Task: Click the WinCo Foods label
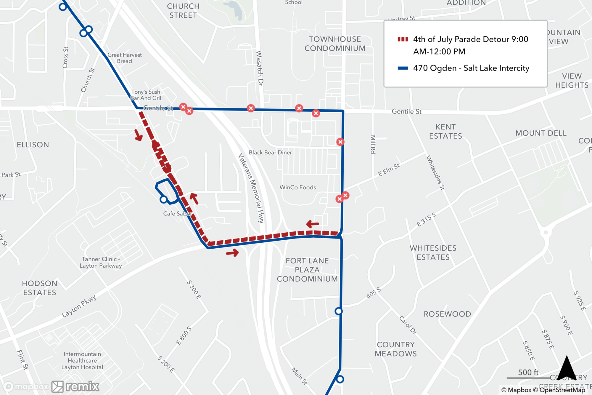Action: [x=298, y=187]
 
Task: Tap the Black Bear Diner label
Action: [x=270, y=152]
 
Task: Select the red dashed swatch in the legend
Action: [x=403, y=39]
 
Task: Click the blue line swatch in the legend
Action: [x=403, y=68]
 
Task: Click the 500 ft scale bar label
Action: [x=528, y=372]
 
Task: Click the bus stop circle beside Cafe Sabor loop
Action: [x=164, y=199]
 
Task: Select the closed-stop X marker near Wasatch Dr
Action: [x=251, y=108]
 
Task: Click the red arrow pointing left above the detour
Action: [x=313, y=224]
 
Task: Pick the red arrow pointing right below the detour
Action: [x=232, y=253]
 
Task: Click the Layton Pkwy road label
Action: [x=79, y=306]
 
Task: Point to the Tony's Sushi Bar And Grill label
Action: [x=147, y=95]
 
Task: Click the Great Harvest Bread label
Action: [x=125, y=58]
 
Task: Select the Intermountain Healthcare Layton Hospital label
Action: [x=82, y=361]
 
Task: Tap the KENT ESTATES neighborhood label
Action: [x=445, y=131]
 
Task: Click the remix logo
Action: [x=75, y=386]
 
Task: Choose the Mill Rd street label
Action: [x=373, y=144]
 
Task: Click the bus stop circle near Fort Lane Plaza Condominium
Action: [x=339, y=311]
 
